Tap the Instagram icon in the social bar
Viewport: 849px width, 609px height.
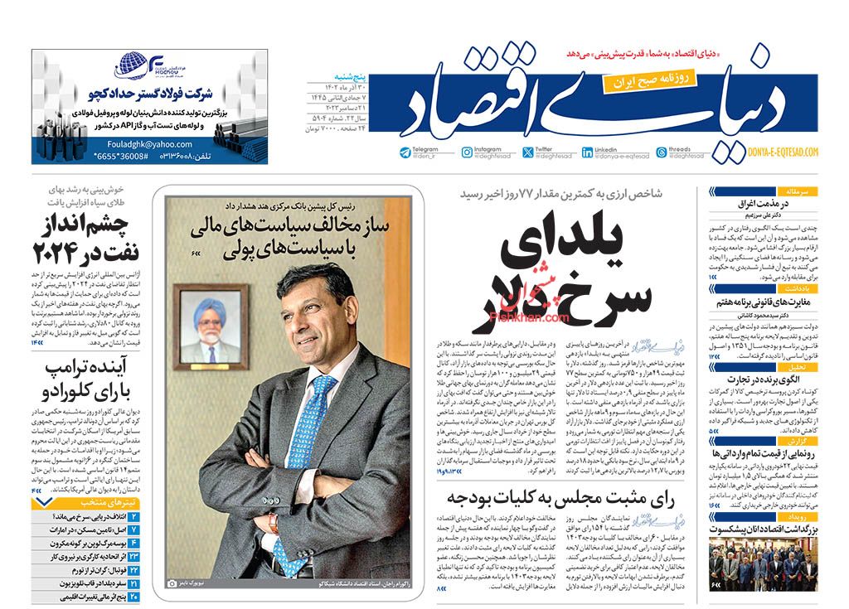click(468, 152)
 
